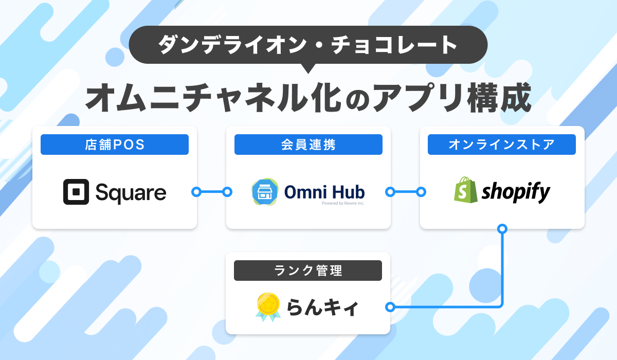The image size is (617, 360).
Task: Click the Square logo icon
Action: click(76, 192)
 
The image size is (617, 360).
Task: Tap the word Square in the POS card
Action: click(131, 193)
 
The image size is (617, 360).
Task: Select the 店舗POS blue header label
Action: click(115, 145)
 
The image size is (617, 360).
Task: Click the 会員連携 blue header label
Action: click(308, 145)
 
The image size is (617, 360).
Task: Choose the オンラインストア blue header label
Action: click(502, 145)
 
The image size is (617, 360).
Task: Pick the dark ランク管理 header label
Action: click(308, 271)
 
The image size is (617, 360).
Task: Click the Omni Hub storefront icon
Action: click(265, 192)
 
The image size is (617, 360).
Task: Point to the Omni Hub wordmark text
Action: click(324, 192)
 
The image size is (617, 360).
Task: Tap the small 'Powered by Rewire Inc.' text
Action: click(343, 203)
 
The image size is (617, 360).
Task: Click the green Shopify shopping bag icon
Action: click(465, 190)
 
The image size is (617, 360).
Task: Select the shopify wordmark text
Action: click(516, 192)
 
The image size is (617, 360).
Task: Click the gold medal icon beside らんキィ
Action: click(268, 307)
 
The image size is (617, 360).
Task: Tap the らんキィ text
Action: click(322, 308)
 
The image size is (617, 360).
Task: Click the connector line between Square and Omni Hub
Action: click(212, 192)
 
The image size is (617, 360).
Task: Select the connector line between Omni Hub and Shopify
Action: click(406, 192)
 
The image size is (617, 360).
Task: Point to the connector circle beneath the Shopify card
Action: click(502, 229)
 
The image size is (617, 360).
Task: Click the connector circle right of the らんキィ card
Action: click(390, 307)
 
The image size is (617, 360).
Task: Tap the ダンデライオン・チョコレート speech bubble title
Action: click(308, 45)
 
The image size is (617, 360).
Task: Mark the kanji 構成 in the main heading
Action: click(499, 98)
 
